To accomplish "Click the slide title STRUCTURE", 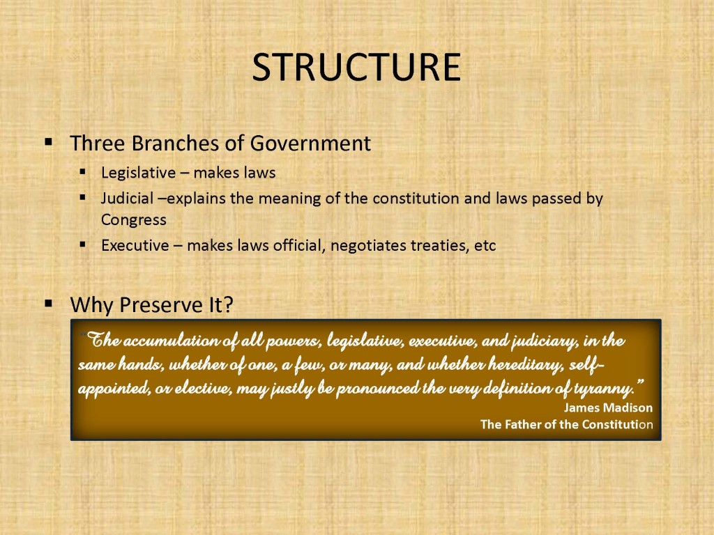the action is [x=356, y=67].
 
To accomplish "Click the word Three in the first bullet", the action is [x=97, y=144].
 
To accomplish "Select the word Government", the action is [x=310, y=144].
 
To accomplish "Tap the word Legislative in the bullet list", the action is [x=139, y=173].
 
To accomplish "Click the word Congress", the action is [x=133, y=220].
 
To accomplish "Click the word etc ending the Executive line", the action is [x=485, y=246].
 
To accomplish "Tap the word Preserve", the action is [x=161, y=304].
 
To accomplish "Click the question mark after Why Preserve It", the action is [x=228, y=304].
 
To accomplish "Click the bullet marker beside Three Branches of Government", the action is [x=49, y=142].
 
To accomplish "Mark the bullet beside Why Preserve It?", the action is [x=49, y=304].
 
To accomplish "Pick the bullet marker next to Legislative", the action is [x=82, y=172].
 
